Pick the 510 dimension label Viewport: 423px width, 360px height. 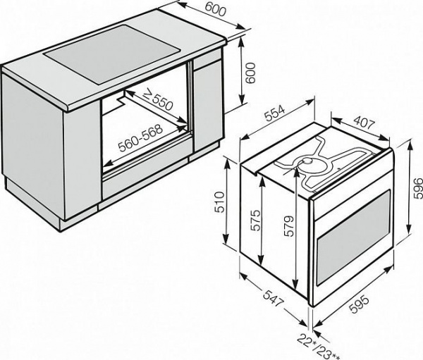219,204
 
